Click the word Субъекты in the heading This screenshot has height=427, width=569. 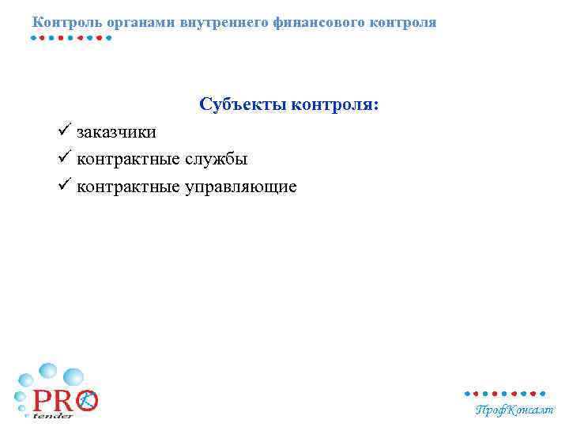pos(243,104)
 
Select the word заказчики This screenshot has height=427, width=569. pos(116,132)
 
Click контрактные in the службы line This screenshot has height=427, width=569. pos(130,160)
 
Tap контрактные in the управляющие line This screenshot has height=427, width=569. pos(130,187)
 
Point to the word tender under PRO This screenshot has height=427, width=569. pos(53,416)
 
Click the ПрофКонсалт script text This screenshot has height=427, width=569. pos(514,410)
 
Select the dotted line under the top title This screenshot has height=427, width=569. pos(71,37)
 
